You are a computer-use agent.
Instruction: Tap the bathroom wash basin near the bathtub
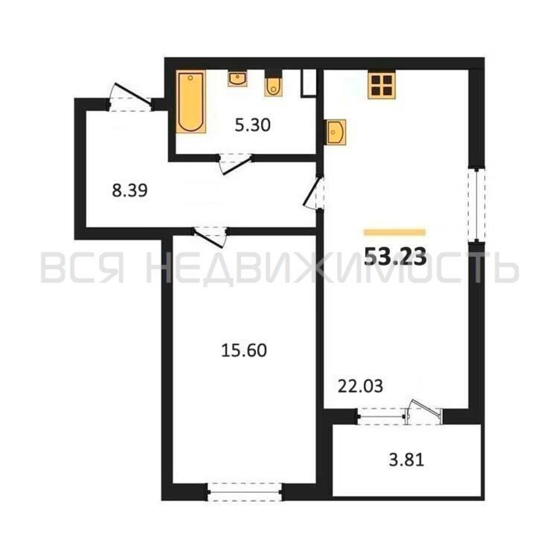point(237,79)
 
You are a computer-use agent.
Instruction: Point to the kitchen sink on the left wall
point(336,132)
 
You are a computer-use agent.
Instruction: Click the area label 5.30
point(252,126)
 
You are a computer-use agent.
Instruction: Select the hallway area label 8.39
point(130,191)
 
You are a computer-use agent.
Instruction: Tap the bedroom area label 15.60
point(244,351)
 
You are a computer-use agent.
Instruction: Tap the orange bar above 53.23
point(395,232)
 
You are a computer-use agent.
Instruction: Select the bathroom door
point(235,164)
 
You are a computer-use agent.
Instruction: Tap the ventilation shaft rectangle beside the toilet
point(309,83)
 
